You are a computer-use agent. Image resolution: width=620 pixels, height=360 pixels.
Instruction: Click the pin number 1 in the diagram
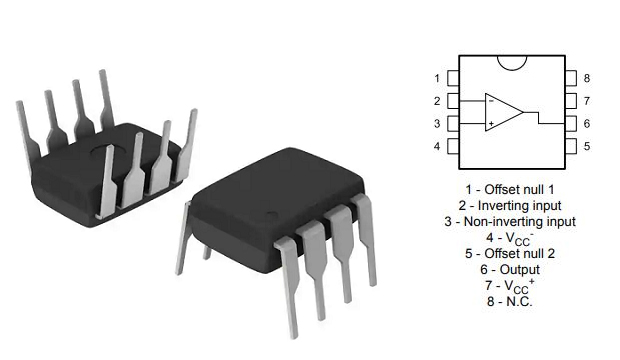coord(438,78)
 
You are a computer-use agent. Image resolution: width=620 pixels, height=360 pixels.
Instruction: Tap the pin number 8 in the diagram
coord(587,78)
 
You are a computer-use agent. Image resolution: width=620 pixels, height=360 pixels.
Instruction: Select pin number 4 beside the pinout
coord(438,147)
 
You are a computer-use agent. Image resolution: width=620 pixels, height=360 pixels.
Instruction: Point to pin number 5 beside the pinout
coord(587,147)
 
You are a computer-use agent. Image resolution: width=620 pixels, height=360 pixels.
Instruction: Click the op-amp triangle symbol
coord(503,112)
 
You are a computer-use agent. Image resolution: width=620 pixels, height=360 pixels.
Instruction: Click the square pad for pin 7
coord(568,101)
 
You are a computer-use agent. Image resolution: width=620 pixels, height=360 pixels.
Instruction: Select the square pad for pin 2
coord(454,101)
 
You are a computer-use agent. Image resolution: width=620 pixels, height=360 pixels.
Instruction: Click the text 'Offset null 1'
coord(510,188)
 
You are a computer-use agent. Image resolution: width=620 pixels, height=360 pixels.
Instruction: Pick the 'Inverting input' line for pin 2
coord(510,204)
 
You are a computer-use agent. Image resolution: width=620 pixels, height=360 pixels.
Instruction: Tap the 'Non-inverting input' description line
coord(510,221)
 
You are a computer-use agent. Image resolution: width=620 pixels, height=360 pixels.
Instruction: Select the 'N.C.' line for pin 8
coord(510,301)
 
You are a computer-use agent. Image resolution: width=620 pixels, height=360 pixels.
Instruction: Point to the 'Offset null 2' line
coord(510,254)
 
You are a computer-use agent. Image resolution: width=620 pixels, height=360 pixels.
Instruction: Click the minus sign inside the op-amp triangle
coord(491,101)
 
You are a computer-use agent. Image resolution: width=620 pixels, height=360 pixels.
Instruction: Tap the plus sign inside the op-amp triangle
coord(491,124)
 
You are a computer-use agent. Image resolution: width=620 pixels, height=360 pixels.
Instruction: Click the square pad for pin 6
coord(568,124)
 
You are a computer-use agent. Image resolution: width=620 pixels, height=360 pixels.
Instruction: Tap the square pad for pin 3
coord(454,124)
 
